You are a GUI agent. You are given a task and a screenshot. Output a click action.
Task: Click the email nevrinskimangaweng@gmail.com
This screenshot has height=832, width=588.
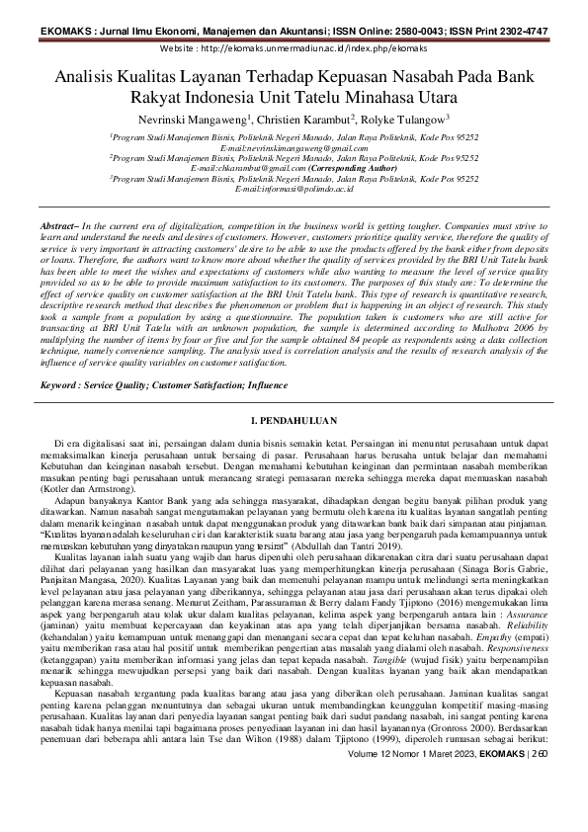293,147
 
